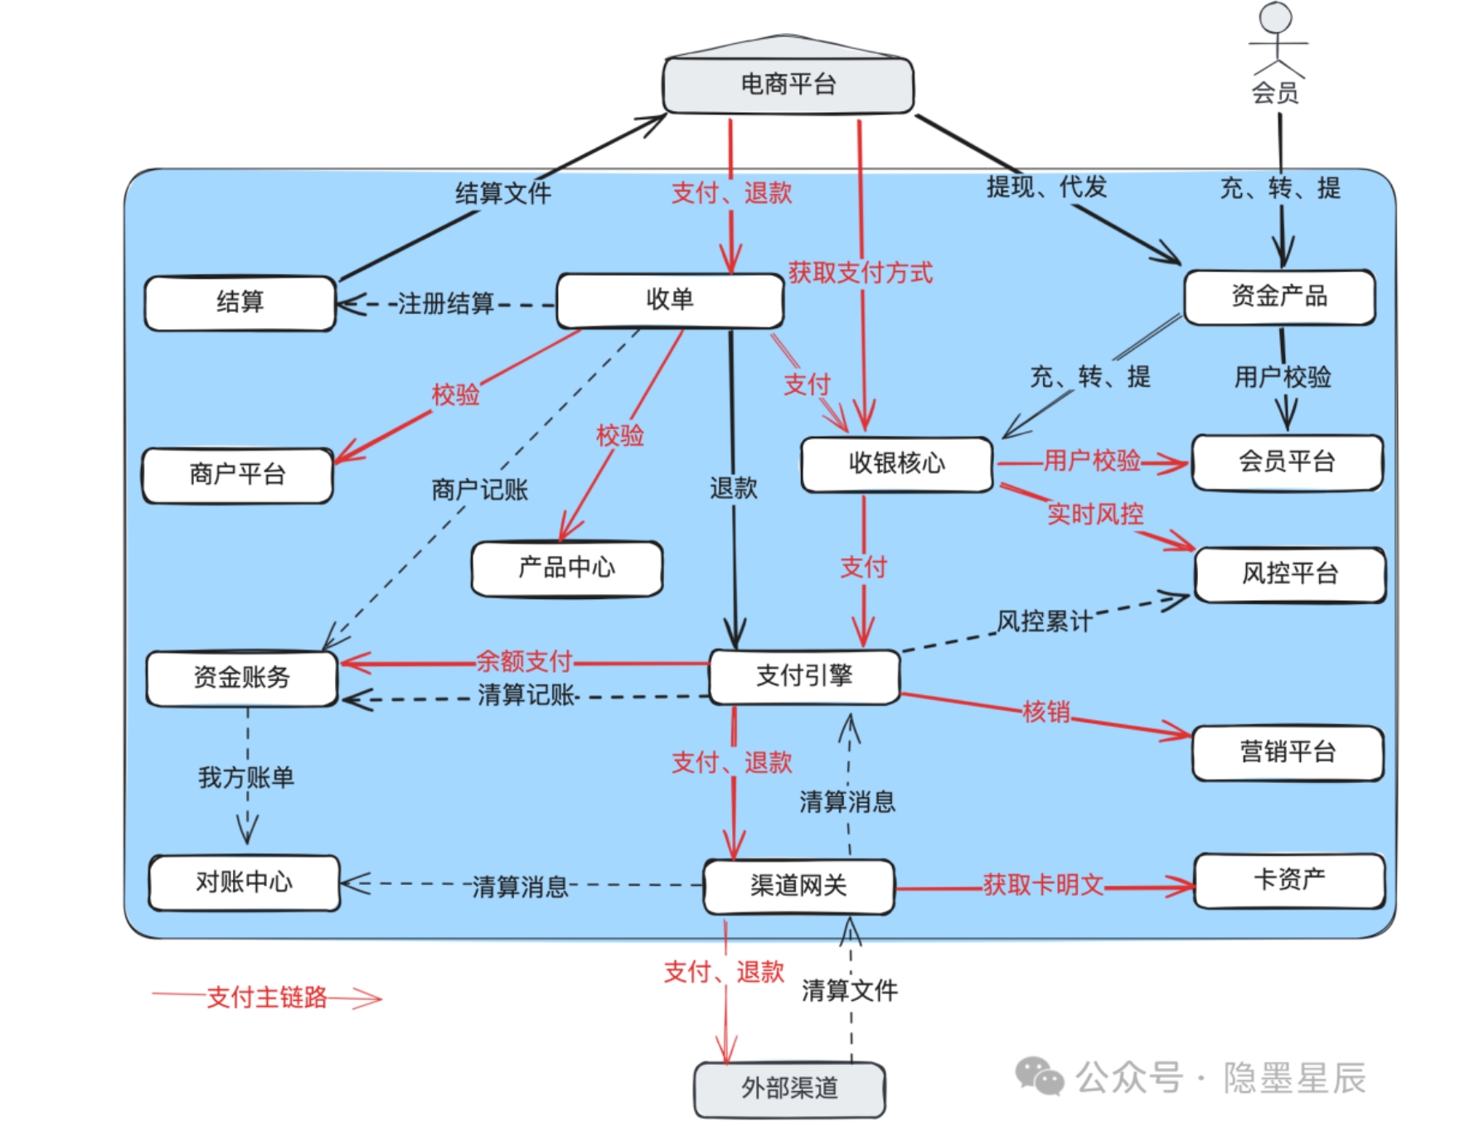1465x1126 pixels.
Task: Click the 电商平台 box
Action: coord(788,85)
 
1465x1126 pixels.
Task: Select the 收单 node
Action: coord(670,300)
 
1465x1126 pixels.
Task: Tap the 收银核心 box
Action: coord(896,464)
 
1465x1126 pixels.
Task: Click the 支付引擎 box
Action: coord(804,676)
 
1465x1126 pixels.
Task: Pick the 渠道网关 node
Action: coord(798,887)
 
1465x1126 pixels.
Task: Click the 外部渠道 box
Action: coord(789,1089)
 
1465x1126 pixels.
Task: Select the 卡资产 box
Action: coord(1288,880)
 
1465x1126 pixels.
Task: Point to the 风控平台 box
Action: coord(1289,574)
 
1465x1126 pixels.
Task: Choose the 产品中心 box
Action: coord(567,568)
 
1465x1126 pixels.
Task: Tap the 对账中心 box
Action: coord(244,882)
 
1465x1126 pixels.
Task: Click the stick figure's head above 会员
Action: coord(1275,17)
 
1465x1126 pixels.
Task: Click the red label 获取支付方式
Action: coord(860,273)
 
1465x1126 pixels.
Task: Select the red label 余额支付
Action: coord(523,661)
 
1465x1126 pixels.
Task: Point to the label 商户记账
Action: coord(479,490)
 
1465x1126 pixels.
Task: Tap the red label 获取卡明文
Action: coord(1042,885)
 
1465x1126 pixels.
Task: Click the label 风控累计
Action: coord(1044,621)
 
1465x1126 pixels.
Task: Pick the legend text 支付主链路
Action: coord(266,998)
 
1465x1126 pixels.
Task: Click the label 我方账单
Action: coord(246,778)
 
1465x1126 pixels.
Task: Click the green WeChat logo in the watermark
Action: coord(1039,1077)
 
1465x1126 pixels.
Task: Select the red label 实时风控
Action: coord(1095,515)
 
